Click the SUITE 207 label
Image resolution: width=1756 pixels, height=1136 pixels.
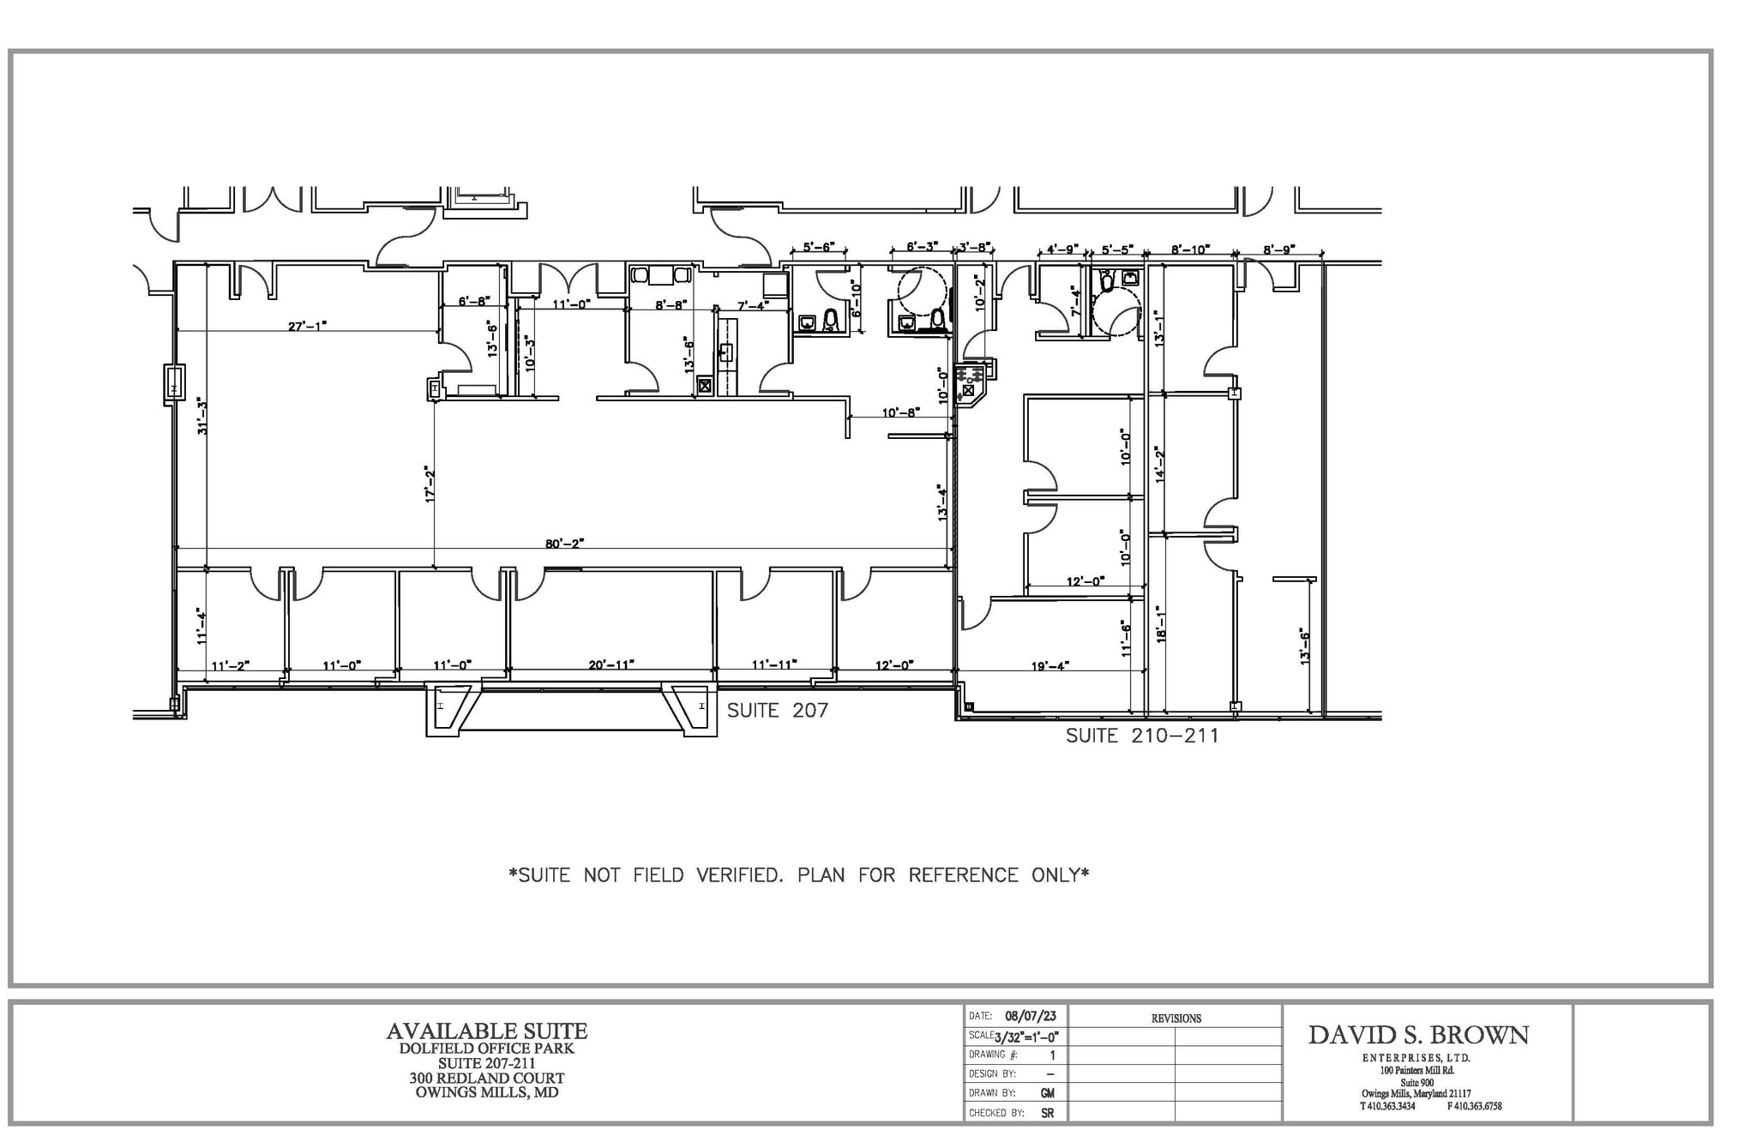click(777, 711)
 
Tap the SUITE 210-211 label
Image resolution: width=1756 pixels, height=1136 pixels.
click(1141, 736)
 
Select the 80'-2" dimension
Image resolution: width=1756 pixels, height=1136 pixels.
click(564, 543)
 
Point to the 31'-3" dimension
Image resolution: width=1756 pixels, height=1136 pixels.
click(203, 415)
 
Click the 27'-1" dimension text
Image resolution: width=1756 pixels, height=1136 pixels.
click(307, 326)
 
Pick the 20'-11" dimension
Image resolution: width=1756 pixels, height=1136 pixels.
click(611, 664)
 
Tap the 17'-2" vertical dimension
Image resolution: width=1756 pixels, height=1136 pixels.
click(430, 484)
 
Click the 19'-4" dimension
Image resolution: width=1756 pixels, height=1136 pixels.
click(1049, 665)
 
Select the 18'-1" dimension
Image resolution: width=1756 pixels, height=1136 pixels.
click(1161, 624)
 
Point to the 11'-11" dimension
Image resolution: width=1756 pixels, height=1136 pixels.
click(774, 664)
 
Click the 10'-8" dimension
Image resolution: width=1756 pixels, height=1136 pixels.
click(900, 412)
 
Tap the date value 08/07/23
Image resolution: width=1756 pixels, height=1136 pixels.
click(1030, 1016)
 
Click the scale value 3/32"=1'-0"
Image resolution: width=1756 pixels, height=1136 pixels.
click(1026, 1037)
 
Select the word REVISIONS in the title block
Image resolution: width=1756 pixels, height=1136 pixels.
click(1176, 1019)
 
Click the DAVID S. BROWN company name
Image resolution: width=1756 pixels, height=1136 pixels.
click(1418, 1035)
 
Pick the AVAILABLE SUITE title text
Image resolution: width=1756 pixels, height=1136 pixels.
click(486, 1031)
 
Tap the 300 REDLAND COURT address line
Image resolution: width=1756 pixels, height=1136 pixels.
click(486, 1078)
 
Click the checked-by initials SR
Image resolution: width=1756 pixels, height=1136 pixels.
click(1047, 1113)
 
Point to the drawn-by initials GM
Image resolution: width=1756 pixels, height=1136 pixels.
click(1047, 1093)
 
